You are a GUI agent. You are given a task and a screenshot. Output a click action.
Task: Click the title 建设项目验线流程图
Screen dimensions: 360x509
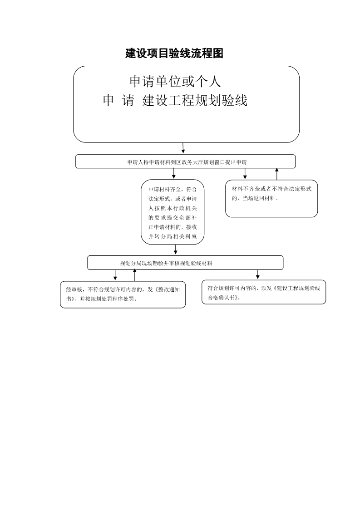click(174, 53)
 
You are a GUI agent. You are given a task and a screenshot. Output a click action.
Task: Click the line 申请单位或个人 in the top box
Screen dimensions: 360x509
click(175, 82)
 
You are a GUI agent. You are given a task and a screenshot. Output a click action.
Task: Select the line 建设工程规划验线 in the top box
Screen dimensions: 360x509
click(195, 100)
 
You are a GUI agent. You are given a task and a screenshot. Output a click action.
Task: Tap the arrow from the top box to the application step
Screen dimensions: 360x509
click(183, 148)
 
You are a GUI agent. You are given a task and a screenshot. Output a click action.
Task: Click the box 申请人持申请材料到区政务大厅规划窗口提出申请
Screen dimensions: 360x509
click(186, 162)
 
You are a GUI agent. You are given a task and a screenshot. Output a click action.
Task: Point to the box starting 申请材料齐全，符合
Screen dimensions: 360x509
click(173, 212)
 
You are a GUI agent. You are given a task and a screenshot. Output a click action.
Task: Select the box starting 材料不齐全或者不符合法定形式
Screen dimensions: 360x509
click(271, 198)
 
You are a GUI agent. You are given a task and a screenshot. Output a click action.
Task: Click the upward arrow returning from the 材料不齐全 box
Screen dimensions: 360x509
click(277, 174)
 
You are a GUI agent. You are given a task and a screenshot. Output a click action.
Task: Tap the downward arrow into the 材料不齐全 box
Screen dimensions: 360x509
click(245, 174)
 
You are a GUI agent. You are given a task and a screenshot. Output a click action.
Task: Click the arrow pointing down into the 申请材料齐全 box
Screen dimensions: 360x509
click(174, 174)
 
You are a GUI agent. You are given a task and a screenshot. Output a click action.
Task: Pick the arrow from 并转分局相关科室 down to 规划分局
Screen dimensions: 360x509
click(175, 250)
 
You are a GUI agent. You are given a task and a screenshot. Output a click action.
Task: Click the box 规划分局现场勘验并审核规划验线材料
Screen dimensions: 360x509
click(185, 263)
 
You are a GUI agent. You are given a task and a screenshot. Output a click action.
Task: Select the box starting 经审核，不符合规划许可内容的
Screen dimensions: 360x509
click(123, 294)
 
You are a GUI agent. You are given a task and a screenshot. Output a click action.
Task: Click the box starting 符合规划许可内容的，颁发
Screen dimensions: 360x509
click(263, 292)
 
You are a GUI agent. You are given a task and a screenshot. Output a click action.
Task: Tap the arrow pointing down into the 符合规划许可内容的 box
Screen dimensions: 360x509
click(258, 274)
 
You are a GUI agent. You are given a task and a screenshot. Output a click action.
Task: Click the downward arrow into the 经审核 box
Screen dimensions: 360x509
click(115, 275)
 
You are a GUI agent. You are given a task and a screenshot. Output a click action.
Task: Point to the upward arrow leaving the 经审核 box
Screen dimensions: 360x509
click(135, 275)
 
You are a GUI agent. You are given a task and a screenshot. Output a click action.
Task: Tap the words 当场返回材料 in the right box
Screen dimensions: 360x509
click(259, 198)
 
